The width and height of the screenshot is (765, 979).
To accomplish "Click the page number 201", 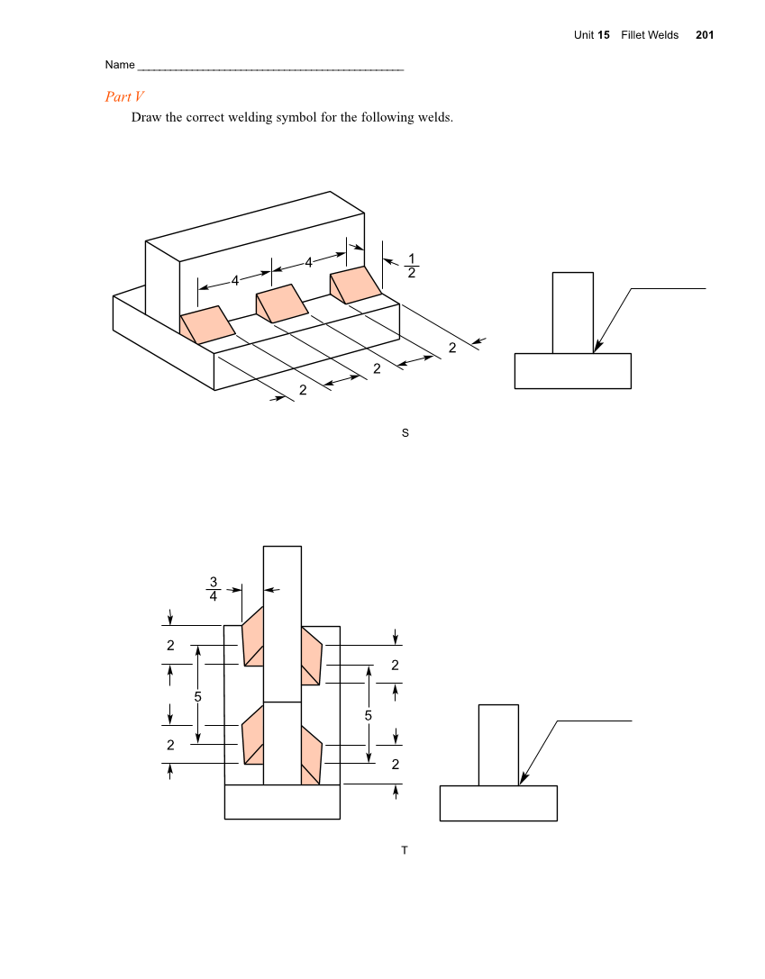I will point(705,35).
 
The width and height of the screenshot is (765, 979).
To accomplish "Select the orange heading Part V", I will point(124,96).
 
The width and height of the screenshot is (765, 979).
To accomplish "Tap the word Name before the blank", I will point(120,65).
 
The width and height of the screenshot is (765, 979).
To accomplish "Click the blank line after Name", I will point(270,68).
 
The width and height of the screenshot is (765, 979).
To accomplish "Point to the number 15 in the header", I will point(604,35).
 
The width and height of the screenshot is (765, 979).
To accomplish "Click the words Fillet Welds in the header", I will point(650,35).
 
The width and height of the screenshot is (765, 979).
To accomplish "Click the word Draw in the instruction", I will point(147,117).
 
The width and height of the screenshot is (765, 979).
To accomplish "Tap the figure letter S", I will point(405,433).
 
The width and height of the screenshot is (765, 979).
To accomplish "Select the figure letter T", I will point(405,850).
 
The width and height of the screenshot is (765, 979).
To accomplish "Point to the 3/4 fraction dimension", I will point(214,588).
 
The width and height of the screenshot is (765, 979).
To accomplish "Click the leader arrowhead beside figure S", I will point(597,347).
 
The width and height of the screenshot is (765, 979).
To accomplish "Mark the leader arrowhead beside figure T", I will point(524,779).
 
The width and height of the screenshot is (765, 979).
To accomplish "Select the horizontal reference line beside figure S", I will point(668,289).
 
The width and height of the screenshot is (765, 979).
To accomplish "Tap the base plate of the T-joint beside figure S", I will point(572,371).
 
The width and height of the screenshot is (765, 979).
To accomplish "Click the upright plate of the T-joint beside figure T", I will point(498,745).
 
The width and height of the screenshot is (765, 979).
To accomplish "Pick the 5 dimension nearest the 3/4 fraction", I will point(197,696).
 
